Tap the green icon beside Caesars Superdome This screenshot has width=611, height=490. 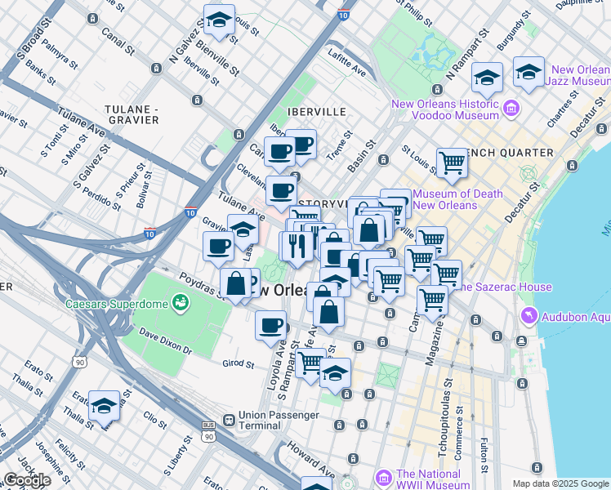pos(180,305)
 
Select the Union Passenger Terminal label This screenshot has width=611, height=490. pos(281,421)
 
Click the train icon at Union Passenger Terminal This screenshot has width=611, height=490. pos(228,421)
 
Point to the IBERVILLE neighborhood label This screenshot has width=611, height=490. pos(316,111)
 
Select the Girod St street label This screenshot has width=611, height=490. pos(239,363)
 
